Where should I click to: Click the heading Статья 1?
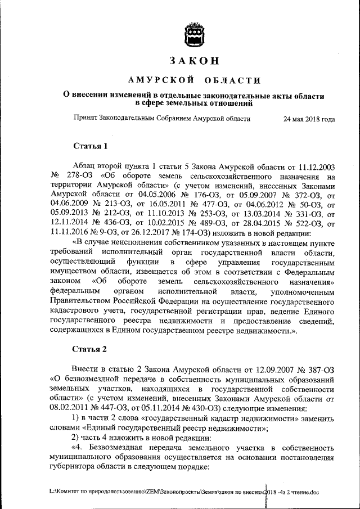point(90,147)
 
